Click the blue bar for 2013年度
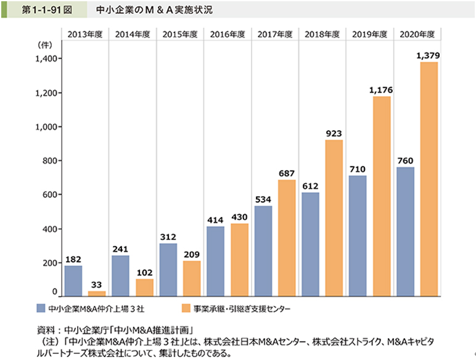(x=73, y=281)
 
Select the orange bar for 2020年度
(x=429, y=179)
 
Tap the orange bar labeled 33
(x=97, y=293)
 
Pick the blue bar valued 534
(x=263, y=250)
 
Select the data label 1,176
(x=380, y=90)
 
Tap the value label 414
(x=216, y=220)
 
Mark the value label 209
(x=192, y=254)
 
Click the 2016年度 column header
(x=227, y=35)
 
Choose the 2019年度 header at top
(x=369, y=35)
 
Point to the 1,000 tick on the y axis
(x=46, y=126)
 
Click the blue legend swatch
(x=40, y=306)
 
